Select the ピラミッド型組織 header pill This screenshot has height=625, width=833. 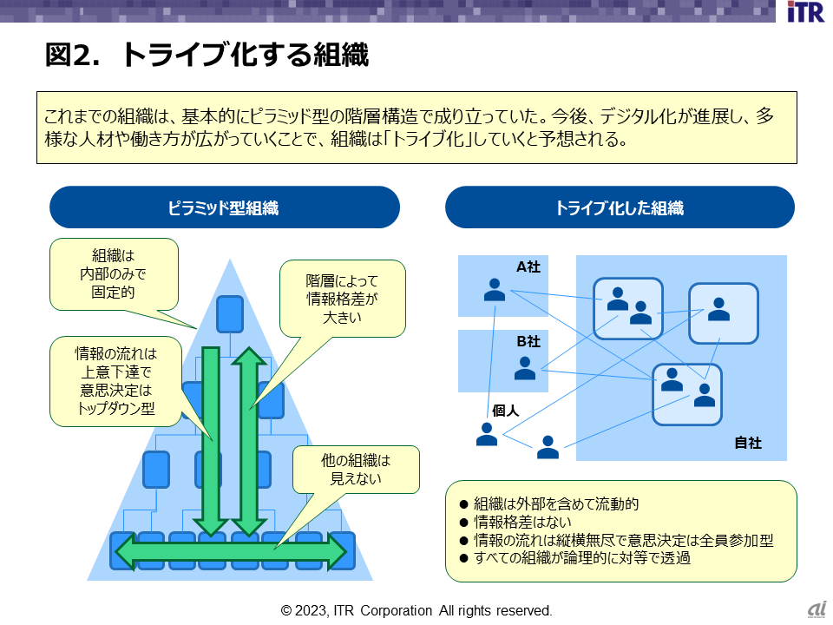click(x=224, y=208)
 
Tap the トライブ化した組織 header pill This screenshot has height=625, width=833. click(x=620, y=208)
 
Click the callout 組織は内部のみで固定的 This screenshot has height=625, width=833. click(x=114, y=274)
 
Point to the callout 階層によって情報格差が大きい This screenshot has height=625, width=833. click(x=343, y=299)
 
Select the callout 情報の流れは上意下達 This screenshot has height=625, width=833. click(x=115, y=381)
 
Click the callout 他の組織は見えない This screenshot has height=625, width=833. click(x=356, y=469)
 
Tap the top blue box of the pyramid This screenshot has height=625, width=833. click(x=229, y=314)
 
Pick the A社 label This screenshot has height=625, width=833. click(x=528, y=267)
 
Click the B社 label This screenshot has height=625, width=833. click(x=528, y=341)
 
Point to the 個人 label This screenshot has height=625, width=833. click(x=505, y=411)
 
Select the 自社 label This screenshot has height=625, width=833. click(x=747, y=443)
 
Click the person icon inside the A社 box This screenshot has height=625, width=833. click(x=495, y=289)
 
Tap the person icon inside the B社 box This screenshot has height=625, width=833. click(x=525, y=368)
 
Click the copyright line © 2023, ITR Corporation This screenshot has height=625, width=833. click(x=416, y=610)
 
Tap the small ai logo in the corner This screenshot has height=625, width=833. click(x=816, y=610)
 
